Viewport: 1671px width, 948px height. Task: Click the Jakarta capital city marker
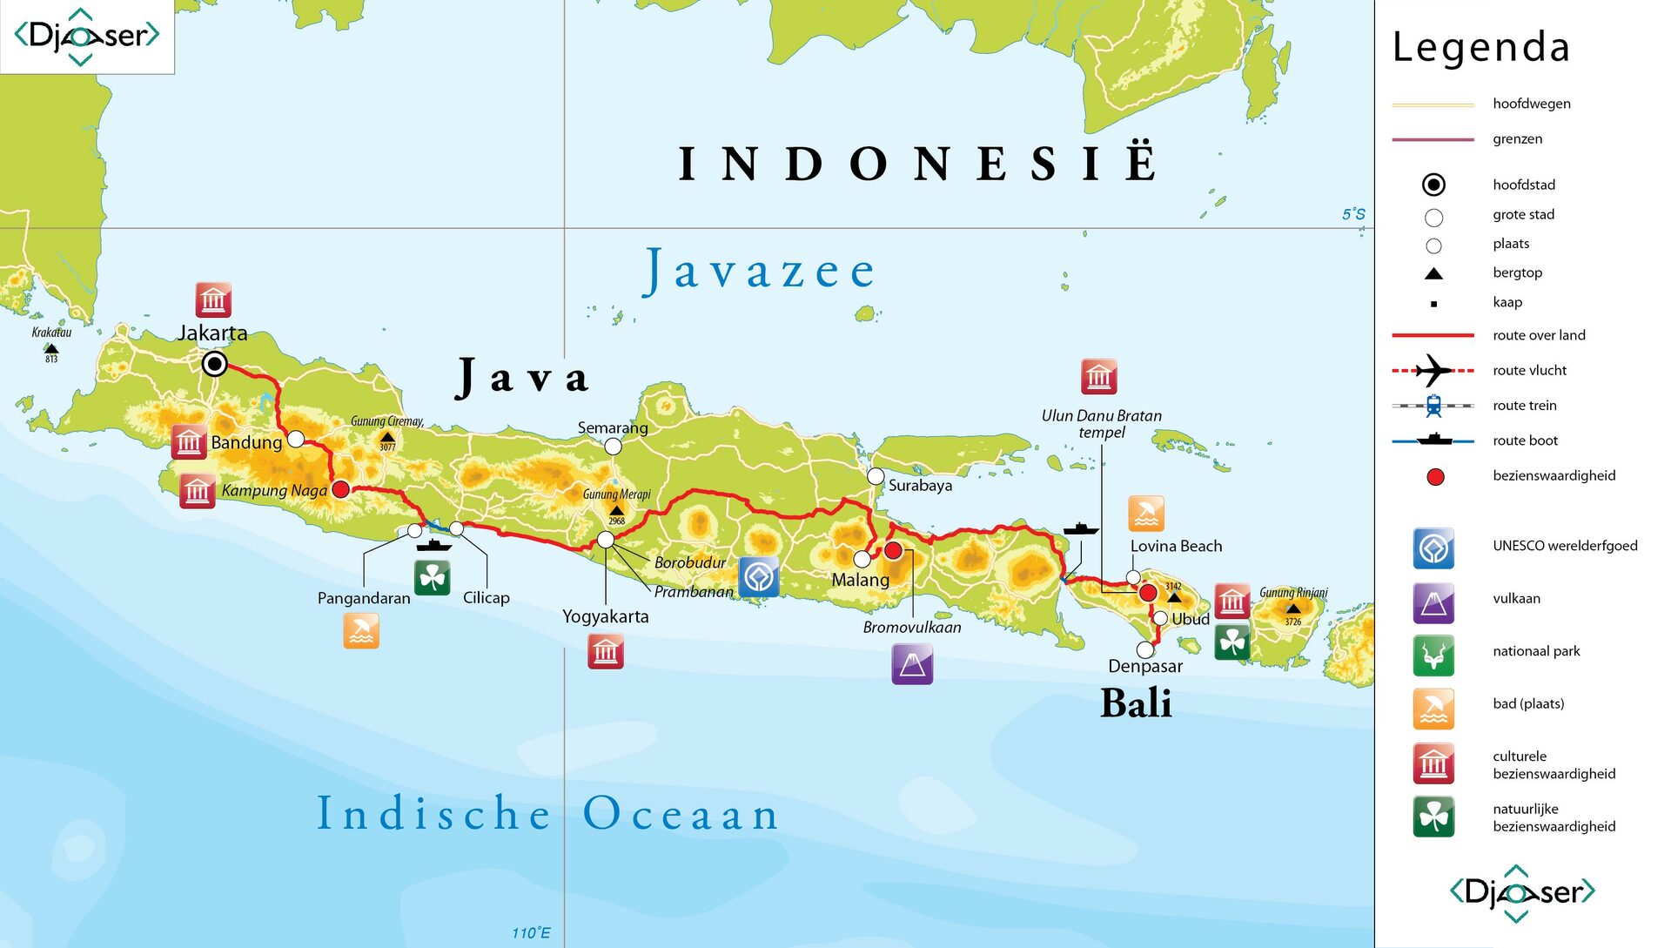tap(214, 364)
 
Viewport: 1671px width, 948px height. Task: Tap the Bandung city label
tap(246, 442)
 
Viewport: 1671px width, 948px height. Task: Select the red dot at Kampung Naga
tap(341, 489)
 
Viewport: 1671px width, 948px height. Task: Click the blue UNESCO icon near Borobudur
tap(758, 577)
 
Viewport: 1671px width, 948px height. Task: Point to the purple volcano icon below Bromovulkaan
tap(912, 664)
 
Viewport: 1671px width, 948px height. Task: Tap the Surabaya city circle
tap(876, 476)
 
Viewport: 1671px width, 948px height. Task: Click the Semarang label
tap(613, 427)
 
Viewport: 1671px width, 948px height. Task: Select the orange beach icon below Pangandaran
tap(361, 631)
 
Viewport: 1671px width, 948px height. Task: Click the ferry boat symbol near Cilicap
tap(433, 546)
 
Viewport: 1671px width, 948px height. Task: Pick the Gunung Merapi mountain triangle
tap(616, 511)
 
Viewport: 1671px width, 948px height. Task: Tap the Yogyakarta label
tap(606, 616)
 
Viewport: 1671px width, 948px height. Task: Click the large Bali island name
tap(1136, 703)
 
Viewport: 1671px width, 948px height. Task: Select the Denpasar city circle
tap(1145, 649)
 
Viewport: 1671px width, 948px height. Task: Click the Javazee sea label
tap(759, 271)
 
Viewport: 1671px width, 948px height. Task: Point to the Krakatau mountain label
tap(51, 332)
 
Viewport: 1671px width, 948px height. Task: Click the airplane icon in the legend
tap(1433, 370)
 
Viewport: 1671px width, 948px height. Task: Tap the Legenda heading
tap(1480, 47)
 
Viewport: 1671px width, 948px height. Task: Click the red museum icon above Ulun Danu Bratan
tap(1098, 377)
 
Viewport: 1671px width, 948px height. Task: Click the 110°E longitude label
tap(531, 932)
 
